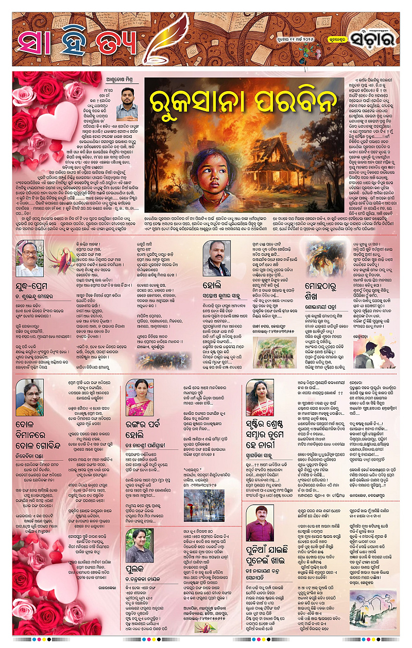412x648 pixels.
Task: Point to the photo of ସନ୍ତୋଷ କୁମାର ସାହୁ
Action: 216,259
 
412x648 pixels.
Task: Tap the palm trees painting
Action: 274,352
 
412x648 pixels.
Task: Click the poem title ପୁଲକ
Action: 137,571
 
